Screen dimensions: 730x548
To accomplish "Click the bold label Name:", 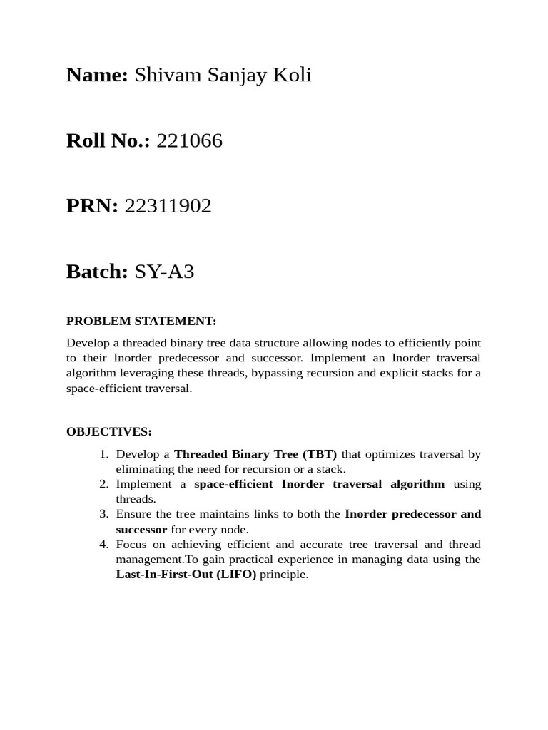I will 97,76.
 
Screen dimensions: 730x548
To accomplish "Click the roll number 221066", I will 189,141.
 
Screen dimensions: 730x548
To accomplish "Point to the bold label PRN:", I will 92,207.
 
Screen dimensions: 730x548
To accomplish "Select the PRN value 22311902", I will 168,207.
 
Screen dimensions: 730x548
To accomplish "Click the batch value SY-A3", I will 164,272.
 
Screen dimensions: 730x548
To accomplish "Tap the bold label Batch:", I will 97,272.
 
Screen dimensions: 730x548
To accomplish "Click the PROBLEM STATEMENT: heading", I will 141,321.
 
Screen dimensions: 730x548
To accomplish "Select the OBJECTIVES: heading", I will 108,431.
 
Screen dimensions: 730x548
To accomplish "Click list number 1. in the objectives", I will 103,454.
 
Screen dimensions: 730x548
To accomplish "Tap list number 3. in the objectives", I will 103,514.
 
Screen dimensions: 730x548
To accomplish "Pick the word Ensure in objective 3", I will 133,514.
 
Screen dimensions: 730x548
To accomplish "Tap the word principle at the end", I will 283,574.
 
